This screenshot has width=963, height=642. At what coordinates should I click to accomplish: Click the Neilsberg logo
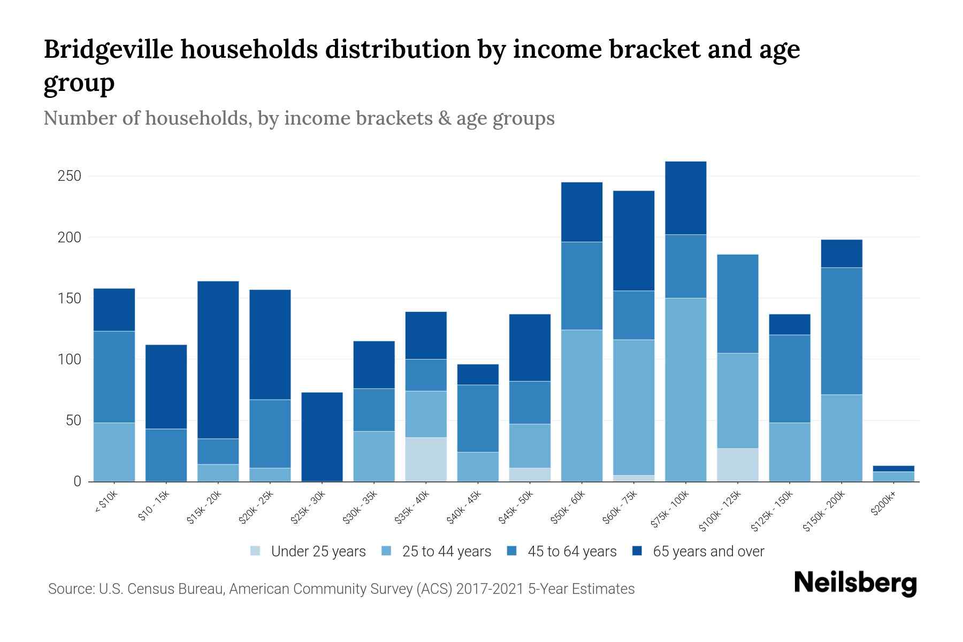coord(855,584)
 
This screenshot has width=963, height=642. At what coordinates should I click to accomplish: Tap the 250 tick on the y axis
coord(69,176)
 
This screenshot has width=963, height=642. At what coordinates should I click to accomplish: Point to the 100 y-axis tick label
coord(69,360)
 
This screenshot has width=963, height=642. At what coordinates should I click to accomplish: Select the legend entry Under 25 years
coord(308,552)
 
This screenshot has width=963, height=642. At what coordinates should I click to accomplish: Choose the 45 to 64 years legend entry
coord(562,552)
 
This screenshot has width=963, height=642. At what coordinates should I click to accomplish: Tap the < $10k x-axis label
coord(107,502)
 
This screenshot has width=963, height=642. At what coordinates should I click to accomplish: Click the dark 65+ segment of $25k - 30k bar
coord(322,437)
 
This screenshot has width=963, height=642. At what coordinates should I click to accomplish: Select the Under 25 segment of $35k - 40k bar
coord(426,460)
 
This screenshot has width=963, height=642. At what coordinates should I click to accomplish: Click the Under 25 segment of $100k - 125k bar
coord(737,465)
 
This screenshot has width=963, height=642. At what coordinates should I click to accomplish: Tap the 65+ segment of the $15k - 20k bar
coord(218,360)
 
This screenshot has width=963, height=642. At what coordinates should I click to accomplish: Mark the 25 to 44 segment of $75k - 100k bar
coord(685,389)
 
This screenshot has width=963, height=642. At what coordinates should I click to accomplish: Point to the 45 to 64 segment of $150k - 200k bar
coord(841,331)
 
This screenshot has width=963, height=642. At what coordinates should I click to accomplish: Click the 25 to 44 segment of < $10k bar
coord(114,452)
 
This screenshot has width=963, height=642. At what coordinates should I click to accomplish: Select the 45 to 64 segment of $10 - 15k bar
coord(166,455)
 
